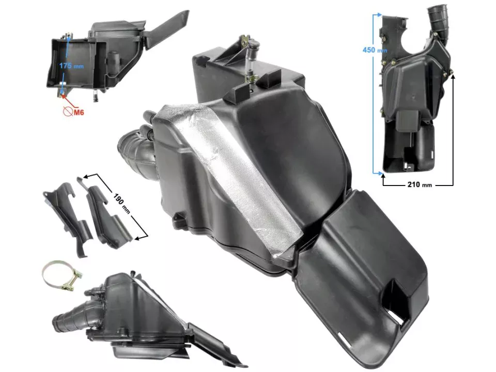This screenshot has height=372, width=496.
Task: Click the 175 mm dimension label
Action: tap(71, 66)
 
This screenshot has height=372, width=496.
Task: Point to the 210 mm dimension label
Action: tap(419, 184)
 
